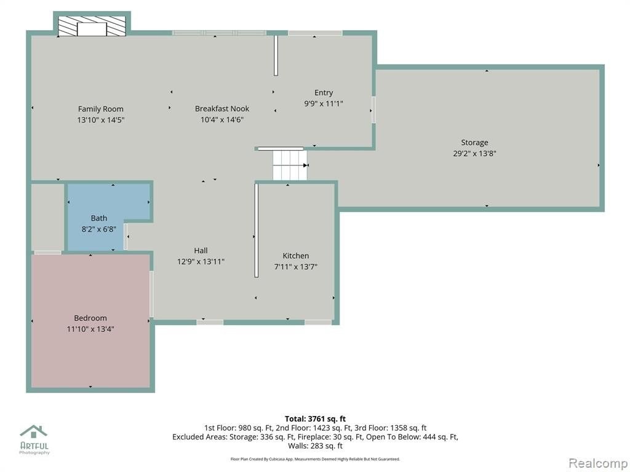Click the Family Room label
[100, 109]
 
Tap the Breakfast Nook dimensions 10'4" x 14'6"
[222, 120]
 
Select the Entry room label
[324, 93]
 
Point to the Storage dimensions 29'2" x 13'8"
[474, 153]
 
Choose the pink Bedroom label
[90, 318]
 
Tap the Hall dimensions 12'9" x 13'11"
[201, 262]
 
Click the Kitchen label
[296, 256]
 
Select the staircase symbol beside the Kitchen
[290, 165]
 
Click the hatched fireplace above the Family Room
[92, 26]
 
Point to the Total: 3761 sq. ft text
[315, 419]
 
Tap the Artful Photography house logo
[34, 431]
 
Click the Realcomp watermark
[598, 463]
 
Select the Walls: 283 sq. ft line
[315, 446]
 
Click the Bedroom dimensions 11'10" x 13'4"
[90, 329]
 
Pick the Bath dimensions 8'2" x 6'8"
[99, 229]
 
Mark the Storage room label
[474, 143]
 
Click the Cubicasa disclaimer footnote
[315, 458]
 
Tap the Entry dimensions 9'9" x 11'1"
[324, 103]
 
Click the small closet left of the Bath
[48, 217]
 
